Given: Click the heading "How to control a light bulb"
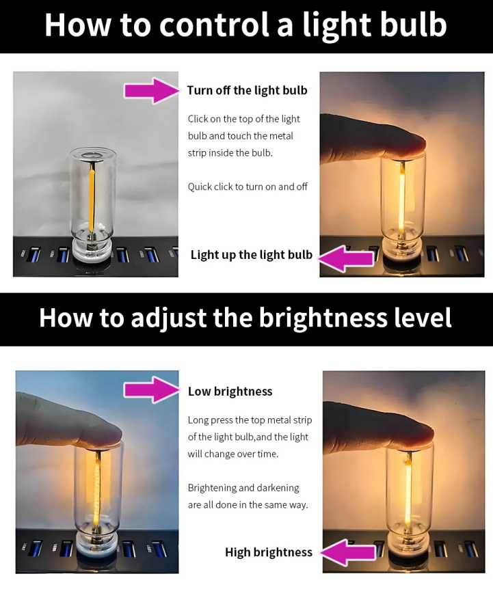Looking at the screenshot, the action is pos(245,25).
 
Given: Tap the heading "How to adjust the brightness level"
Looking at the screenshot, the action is pos(245,318).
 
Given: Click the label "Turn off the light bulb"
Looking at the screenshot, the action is pos(247,90).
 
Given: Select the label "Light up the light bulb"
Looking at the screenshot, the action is pos(251,255).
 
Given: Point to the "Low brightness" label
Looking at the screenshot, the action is pos(230,392).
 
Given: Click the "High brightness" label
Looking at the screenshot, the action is pos(269,552).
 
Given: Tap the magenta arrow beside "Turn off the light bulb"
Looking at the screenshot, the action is pos(152,91).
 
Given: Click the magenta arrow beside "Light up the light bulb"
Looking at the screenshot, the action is pos(346,259).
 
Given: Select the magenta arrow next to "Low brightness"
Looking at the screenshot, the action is pos(152,390).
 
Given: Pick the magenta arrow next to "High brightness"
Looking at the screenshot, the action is pos(348,553).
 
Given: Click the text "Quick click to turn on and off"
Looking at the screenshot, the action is pos(248,187).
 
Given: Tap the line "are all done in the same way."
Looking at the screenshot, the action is pos(248,505).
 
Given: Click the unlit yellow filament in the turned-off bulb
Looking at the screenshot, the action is pos(92,197).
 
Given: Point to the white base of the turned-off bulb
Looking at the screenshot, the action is pos(92,250).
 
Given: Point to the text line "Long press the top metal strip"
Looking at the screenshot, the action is pos(250,420).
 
